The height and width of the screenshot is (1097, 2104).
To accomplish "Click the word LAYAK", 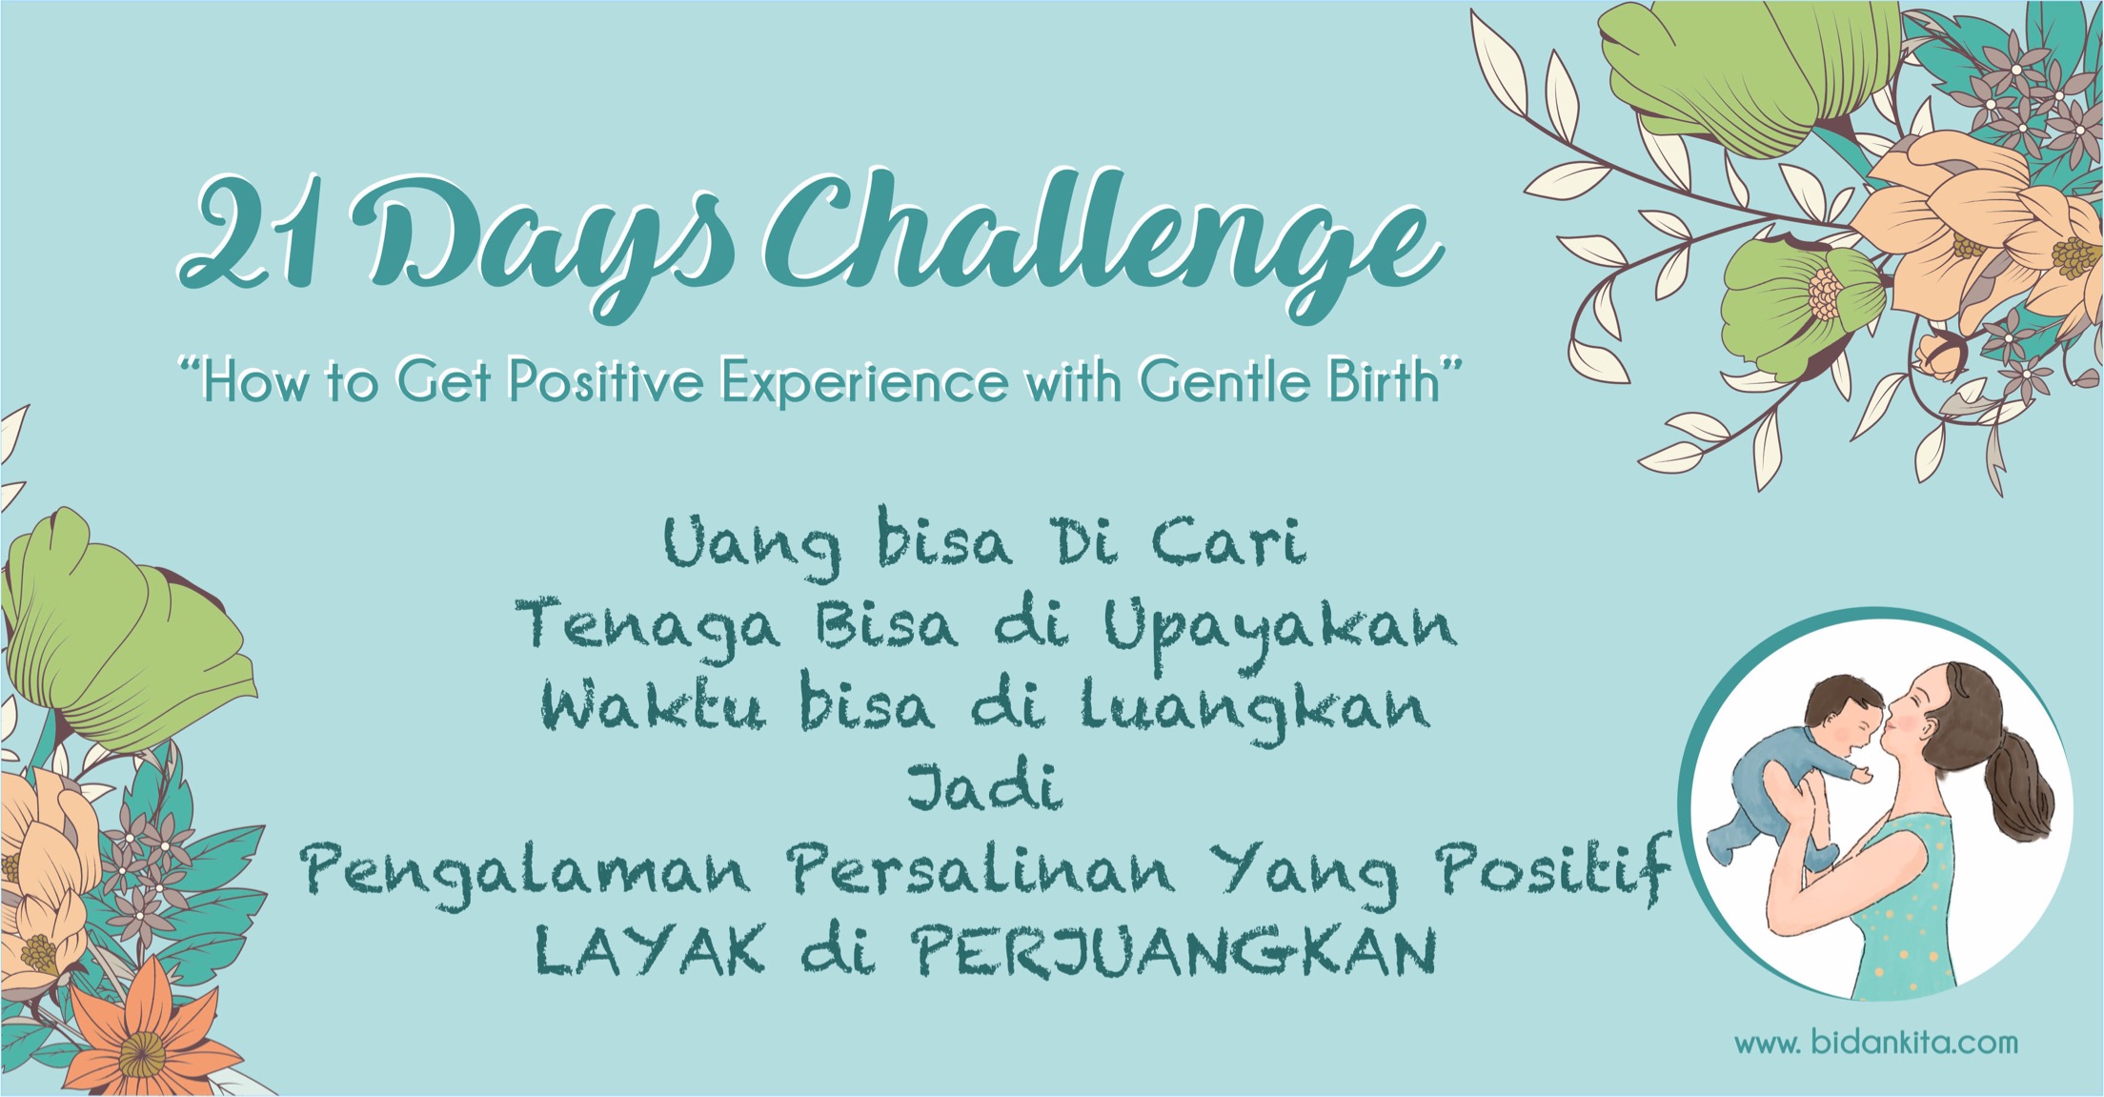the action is point(649,950).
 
